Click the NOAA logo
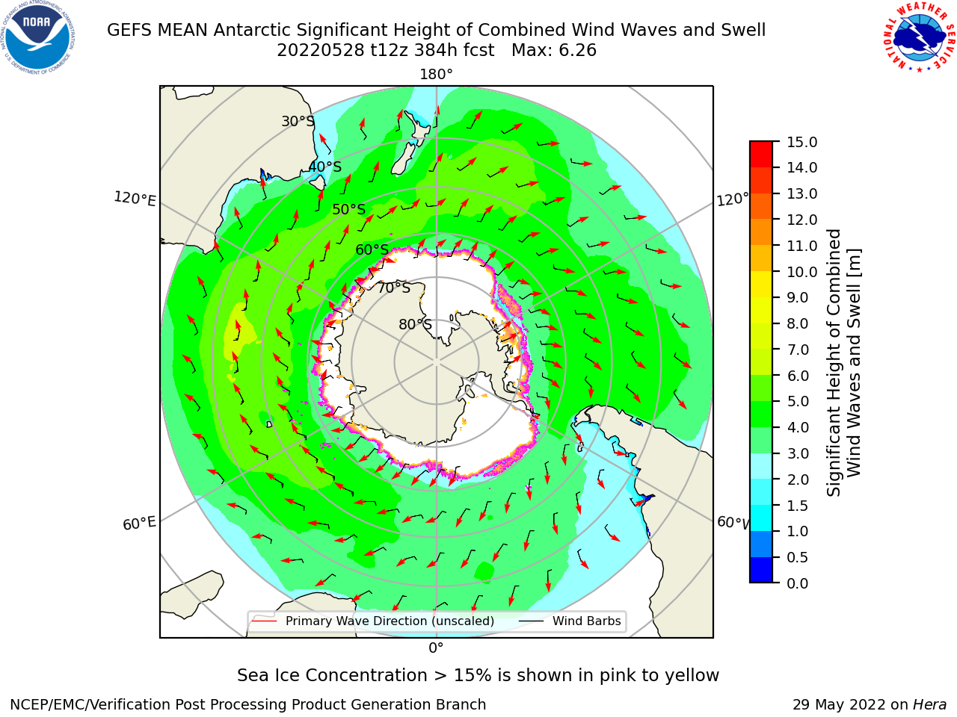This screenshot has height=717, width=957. [x=38, y=37]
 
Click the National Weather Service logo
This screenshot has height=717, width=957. [x=918, y=37]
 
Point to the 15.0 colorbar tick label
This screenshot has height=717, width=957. [x=801, y=142]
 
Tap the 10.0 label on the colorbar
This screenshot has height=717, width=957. [x=801, y=272]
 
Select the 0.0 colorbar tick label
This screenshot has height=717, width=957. [x=798, y=583]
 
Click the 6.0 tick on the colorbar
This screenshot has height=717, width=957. [x=798, y=376]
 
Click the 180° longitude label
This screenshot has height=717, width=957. [x=436, y=75]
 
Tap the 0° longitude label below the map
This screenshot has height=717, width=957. [x=436, y=648]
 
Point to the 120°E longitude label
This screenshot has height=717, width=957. [x=135, y=199]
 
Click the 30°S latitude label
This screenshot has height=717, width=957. [x=298, y=121]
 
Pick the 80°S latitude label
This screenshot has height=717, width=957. [x=415, y=324]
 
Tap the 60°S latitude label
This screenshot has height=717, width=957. [x=372, y=249]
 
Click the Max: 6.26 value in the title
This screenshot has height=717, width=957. [x=554, y=51]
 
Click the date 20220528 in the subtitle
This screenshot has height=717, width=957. [x=321, y=51]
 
